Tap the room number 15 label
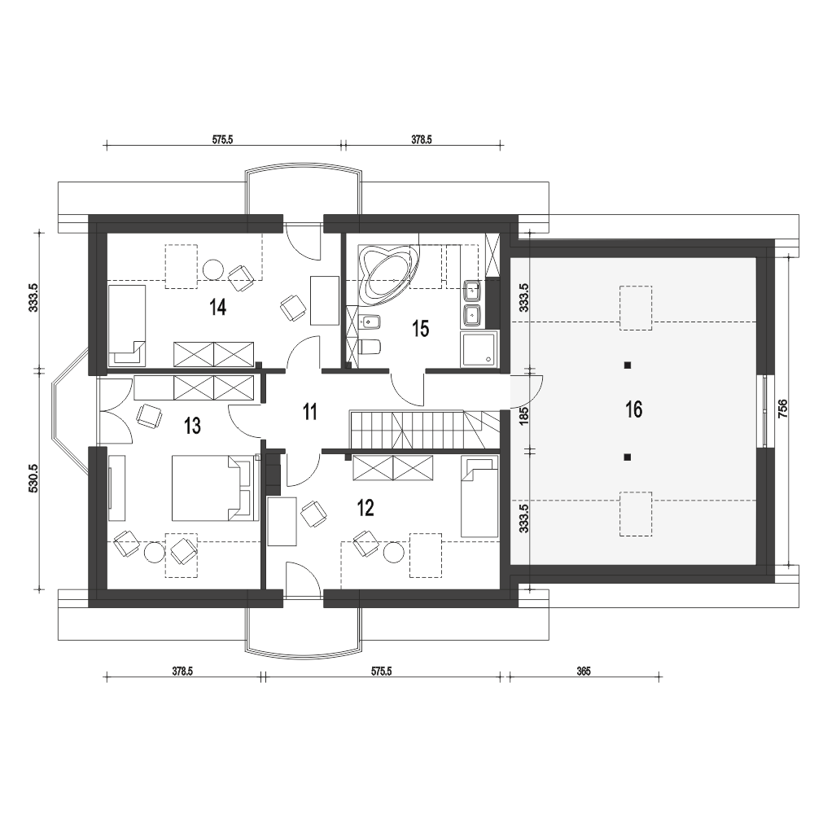(x=420, y=329)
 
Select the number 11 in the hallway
(x=309, y=412)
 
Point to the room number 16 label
(x=633, y=409)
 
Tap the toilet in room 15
(x=368, y=347)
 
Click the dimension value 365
(x=583, y=672)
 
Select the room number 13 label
(x=192, y=426)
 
